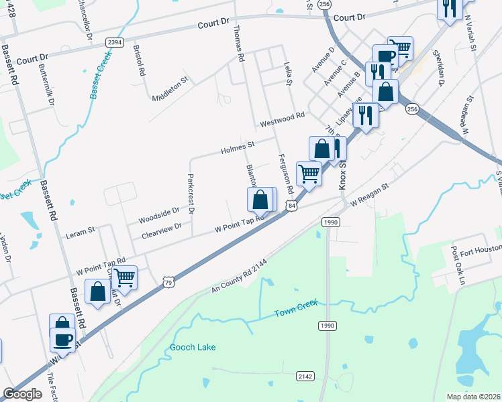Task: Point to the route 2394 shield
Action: pos(115,42)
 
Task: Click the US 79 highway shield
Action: pos(168,283)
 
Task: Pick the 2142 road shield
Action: pos(305,377)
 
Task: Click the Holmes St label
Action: pos(238,147)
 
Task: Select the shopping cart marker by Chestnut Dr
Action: pos(124,276)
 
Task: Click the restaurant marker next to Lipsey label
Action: pos(365,113)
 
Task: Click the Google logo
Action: pos(23,394)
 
